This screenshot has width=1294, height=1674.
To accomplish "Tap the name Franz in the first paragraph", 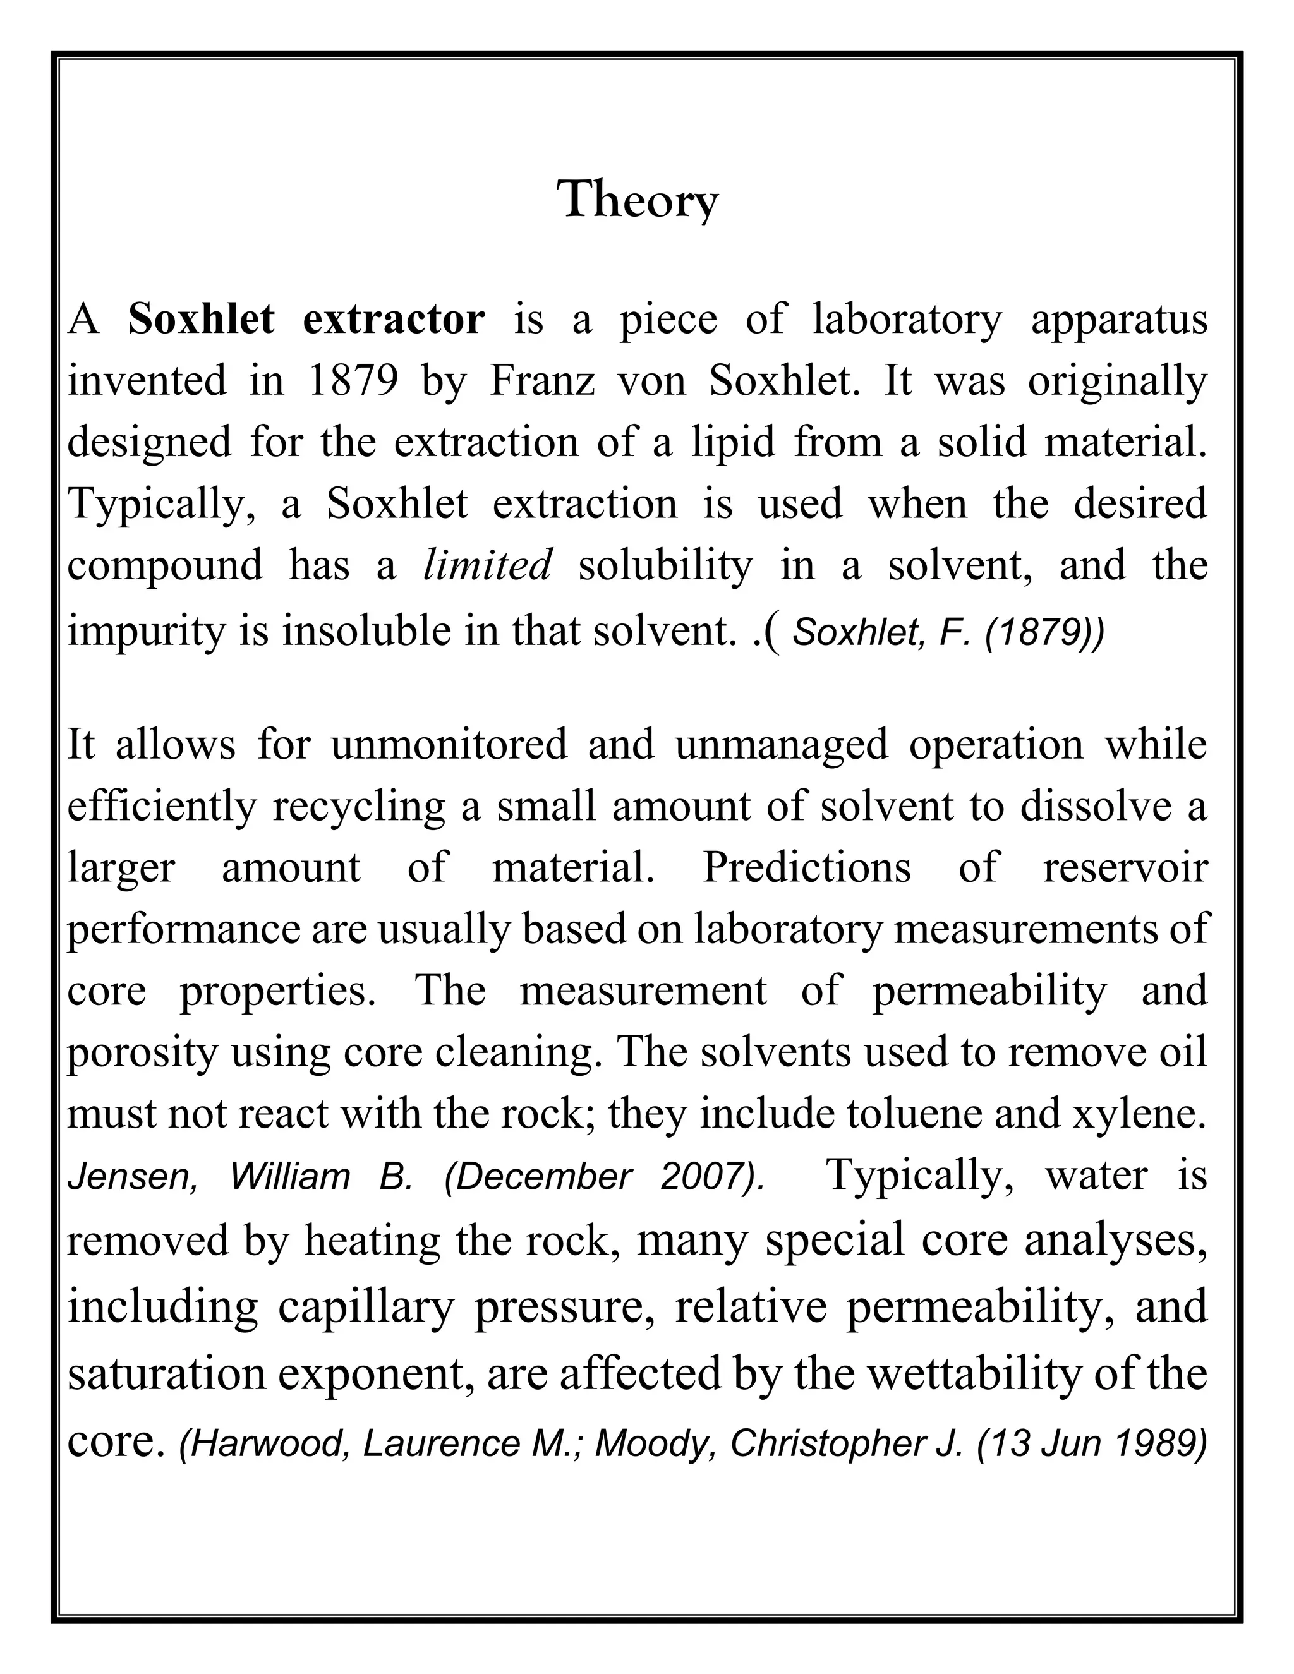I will pos(543,380).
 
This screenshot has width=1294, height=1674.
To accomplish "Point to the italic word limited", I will pos(488,565).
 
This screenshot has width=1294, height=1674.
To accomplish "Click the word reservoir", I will pos(1125,868).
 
